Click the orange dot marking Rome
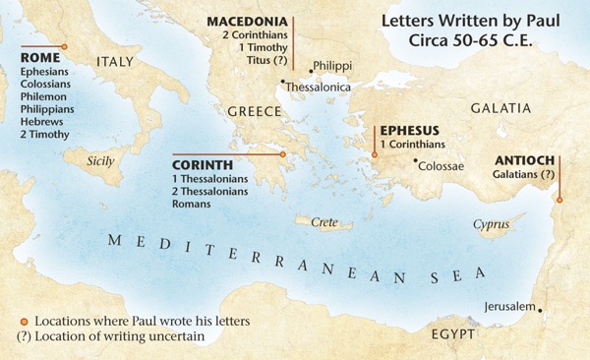(64, 46)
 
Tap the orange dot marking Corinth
(282, 154)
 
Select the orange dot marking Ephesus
(374, 154)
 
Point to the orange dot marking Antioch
(559, 201)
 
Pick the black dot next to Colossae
(416, 160)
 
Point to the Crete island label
(324, 223)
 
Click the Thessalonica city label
(321, 88)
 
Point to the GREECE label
(255, 111)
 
